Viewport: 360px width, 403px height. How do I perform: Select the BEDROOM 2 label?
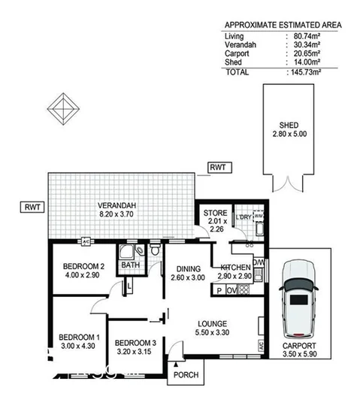83,266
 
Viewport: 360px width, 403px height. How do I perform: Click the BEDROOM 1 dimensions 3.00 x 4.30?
77,347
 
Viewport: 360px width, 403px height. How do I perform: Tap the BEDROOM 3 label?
136,342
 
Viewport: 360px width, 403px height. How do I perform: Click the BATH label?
129,265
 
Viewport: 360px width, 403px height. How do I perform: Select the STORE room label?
215,213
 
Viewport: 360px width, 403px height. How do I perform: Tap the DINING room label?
189,268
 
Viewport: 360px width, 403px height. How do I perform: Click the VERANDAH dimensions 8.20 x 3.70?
116,213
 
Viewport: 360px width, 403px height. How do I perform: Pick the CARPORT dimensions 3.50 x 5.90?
299,356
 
